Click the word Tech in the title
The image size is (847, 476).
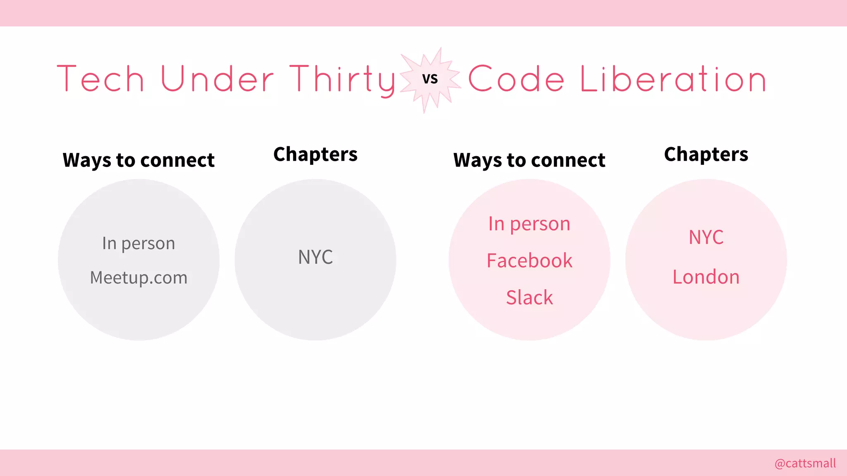(100, 79)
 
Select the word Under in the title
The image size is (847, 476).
(217, 79)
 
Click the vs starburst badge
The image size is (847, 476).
(430, 79)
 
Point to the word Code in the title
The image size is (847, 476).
(516, 79)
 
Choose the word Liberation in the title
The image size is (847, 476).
(673, 79)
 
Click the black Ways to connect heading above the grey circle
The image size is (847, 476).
(139, 160)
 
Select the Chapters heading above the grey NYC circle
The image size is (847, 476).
(316, 155)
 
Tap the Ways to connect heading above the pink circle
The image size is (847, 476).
(529, 160)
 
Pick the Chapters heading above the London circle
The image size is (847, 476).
(706, 155)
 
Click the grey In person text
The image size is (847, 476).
(139, 243)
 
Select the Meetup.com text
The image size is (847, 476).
(139, 278)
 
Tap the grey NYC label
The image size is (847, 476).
(316, 257)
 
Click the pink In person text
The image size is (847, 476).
(529, 224)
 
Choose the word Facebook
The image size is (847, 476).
(529, 261)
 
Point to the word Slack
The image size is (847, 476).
(529, 297)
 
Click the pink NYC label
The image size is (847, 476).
(706, 237)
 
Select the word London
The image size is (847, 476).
(706, 277)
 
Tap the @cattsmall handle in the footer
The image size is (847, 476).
(805, 463)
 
